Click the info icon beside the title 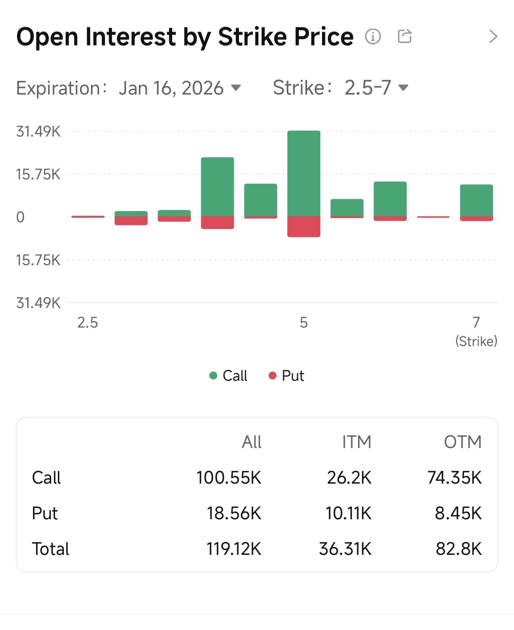point(373,36)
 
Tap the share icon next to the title point(405,36)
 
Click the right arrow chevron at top point(493,36)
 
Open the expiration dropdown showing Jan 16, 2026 point(179,88)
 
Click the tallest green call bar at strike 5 point(304,173)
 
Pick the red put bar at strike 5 point(304,226)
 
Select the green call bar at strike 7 point(476,200)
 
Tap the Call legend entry point(228,375)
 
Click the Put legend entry point(286,375)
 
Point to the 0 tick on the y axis point(20,217)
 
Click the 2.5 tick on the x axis point(87,323)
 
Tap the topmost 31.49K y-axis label point(38,131)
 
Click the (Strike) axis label point(476,341)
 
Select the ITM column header point(356,442)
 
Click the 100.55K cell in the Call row point(228,477)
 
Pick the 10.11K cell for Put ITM point(348,513)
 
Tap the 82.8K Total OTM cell point(458,549)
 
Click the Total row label point(51,549)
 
